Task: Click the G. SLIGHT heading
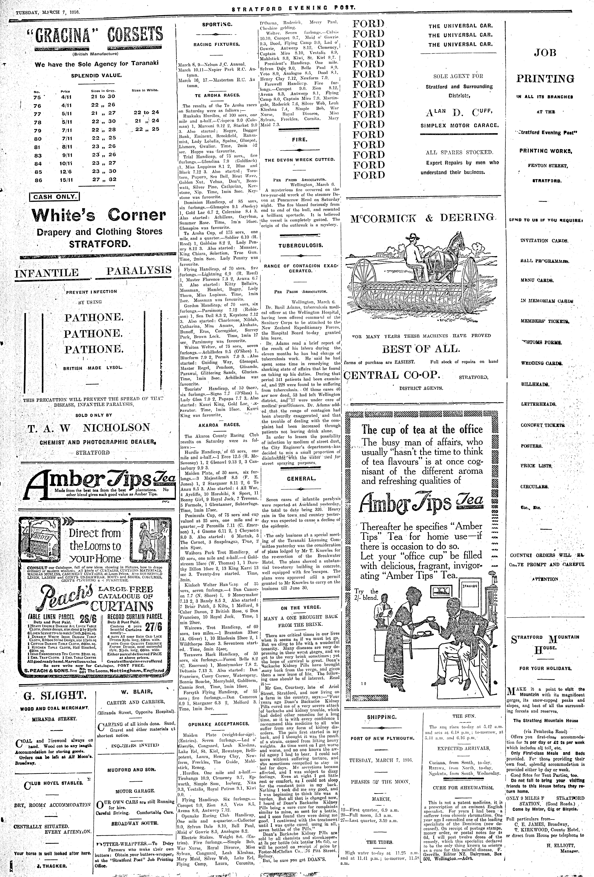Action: (x=49, y=695)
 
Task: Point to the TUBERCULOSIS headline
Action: (x=301, y=245)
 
